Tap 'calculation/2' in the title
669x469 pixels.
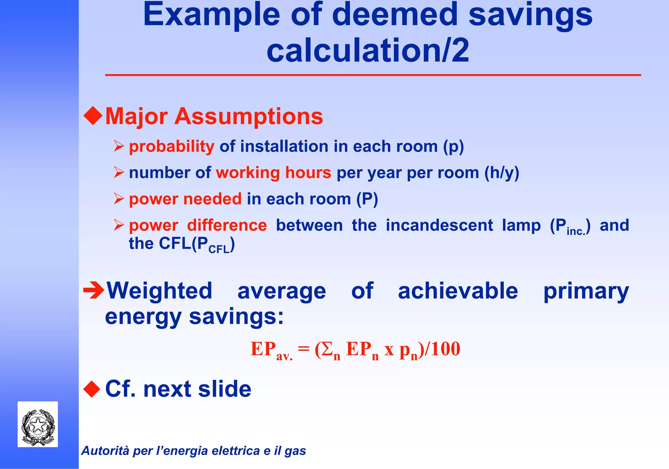click(368, 50)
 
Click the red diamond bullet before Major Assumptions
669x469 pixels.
click(93, 116)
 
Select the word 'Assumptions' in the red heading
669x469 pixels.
click(249, 116)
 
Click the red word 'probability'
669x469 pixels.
click(171, 146)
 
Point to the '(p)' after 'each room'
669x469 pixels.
click(453, 147)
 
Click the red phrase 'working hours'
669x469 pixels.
click(273, 173)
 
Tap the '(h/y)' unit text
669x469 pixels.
click(501, 173)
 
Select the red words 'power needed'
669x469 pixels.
click(185, 199)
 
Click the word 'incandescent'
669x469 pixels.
click(439, 225)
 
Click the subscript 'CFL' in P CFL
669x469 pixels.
click(219, 250)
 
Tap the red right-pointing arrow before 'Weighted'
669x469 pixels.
click(94, 290)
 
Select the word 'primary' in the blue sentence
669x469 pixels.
click(586, 291)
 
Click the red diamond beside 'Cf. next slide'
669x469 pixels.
click(92, 389)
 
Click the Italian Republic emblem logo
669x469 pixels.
click(38, 424)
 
